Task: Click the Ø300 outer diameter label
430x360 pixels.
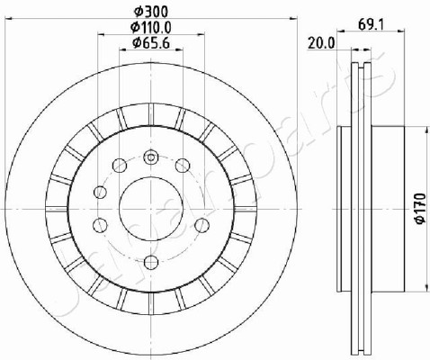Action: tap(151, 12)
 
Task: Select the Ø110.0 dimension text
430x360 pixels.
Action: tap(151, 28)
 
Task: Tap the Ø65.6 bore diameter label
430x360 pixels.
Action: tap(151, 43)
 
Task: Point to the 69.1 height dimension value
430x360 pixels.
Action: tap(372, 24)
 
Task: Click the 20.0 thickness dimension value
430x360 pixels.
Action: tap(321, 44)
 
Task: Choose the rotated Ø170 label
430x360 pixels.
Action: tap(420, 208)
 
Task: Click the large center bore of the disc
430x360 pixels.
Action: tap(151, 209)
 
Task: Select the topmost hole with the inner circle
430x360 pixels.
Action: tap(151, 157)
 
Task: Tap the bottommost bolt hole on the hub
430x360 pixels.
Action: tap(151, 263)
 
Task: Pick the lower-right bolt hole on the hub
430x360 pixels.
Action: tap(202, 225)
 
